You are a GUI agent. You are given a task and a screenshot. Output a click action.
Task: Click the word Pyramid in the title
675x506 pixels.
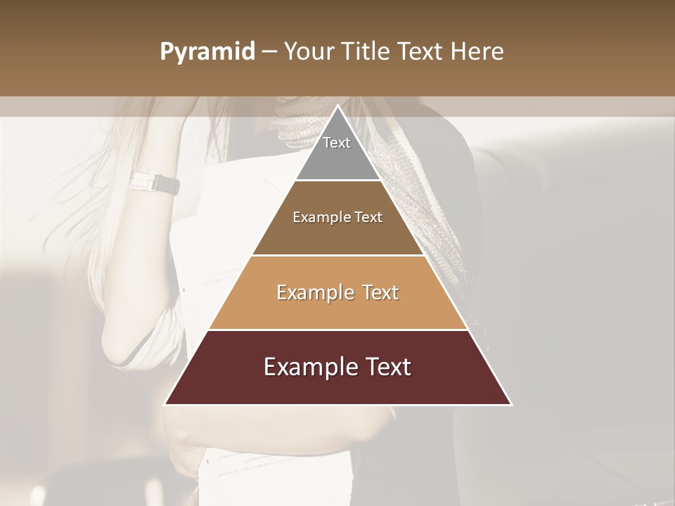(207, 52)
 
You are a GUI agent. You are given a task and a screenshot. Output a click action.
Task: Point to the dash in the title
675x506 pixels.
(269, 52)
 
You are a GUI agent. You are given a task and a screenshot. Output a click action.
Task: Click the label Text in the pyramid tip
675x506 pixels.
(337, 143)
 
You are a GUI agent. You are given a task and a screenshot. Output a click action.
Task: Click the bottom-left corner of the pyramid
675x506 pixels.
(166, 404)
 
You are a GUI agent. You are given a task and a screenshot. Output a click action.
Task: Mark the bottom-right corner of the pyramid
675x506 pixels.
(510, 404)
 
